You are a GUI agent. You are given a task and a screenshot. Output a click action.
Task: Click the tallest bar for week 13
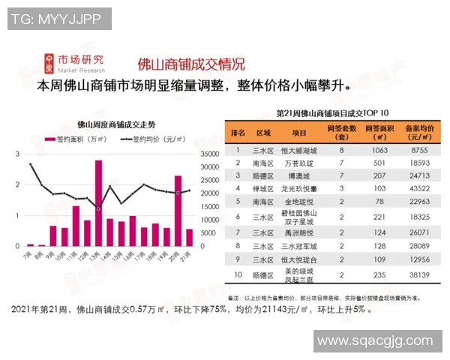tap(98, 202)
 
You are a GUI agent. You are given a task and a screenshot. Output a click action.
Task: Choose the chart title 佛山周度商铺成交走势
tap(116, 124)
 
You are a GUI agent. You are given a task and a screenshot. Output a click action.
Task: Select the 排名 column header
tap(238, 133)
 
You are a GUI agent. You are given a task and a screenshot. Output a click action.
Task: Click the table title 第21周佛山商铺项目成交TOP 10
tap(337, 113)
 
